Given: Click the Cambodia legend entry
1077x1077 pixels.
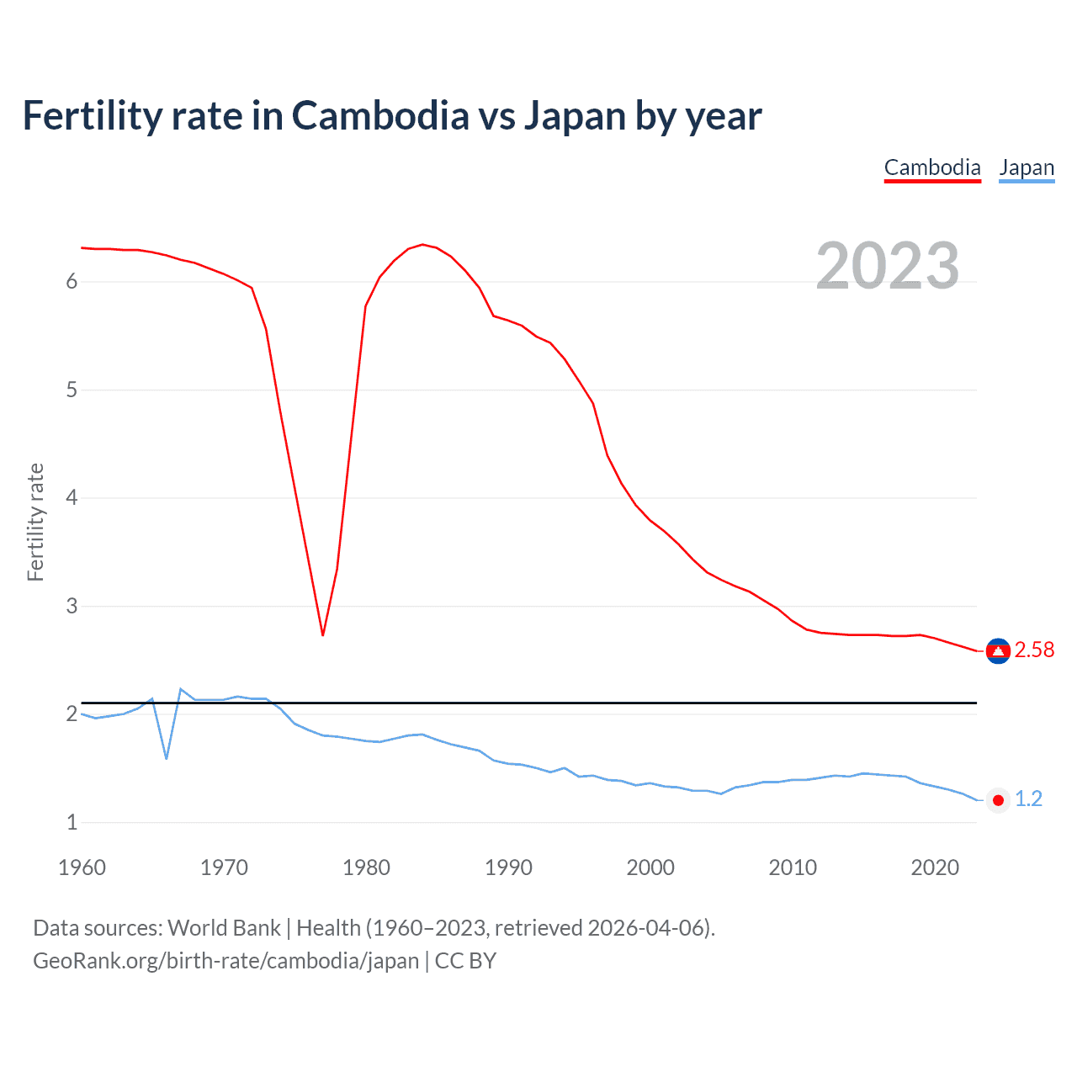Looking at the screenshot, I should coord(932,167).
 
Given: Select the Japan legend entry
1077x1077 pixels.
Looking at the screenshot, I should coord(1027,167).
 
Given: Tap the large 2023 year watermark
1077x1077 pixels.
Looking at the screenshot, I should coord(888,266).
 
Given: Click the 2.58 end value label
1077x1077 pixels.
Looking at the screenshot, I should coord(1034,650).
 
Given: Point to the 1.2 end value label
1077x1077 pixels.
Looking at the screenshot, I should coord(1028,798).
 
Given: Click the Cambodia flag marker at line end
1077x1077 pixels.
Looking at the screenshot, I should coord(998,650).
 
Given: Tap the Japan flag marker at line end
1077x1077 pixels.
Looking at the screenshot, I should coord(998,800).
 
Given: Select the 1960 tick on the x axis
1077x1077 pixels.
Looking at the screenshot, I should coord(82,867).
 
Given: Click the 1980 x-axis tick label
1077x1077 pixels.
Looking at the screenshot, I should coord(366,867).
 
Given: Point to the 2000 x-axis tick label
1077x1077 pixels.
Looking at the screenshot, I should coord(650,867).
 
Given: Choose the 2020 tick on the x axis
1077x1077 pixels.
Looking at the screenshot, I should coord(935,867).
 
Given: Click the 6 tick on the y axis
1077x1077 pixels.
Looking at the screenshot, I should coord(72,281).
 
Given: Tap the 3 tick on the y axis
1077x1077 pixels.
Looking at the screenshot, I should coord(72,606).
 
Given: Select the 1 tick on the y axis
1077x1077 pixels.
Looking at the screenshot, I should coord(72,822).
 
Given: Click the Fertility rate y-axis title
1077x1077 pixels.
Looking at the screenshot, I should coord(35,522).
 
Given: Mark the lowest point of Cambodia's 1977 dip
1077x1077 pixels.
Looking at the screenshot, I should coord(322,634).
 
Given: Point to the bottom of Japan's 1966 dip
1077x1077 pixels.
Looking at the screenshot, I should coord(167,758).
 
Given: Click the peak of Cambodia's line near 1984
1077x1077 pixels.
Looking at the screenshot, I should coord(422,244).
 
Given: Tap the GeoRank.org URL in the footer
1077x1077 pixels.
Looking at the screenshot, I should coord(225,961).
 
